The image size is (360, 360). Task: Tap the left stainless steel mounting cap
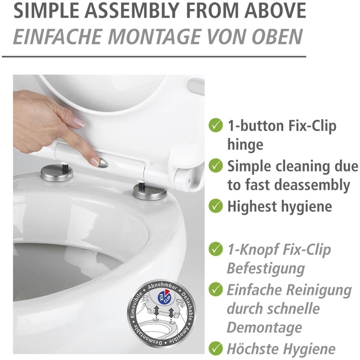(57, 173)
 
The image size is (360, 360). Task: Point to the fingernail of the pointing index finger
(95, 162)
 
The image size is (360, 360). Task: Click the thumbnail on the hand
(79, 121)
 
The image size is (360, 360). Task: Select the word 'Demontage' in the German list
(264, 328)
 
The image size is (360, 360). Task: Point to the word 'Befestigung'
(266, 268)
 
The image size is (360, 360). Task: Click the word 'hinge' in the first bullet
(245, 145)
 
